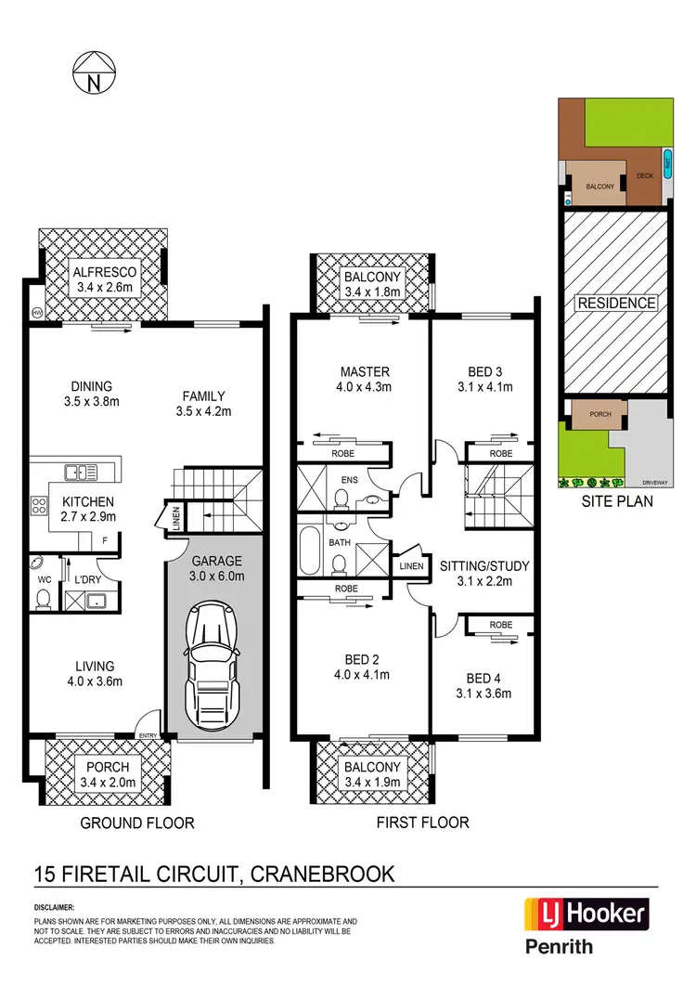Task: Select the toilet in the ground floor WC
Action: click(x=42, y=600)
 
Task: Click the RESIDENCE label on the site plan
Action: click(x=616, y=303)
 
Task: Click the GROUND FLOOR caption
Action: click(x=135, y=823)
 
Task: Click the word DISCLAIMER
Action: click(x=55, y=907)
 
